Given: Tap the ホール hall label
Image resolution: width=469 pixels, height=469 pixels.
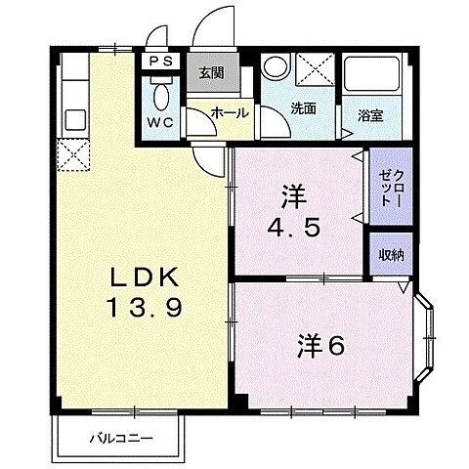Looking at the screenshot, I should [229, 113].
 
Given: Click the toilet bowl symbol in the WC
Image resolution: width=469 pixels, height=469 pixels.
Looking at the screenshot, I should [160, 94].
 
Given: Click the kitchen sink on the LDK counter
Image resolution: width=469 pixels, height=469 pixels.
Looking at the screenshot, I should [72, 120].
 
